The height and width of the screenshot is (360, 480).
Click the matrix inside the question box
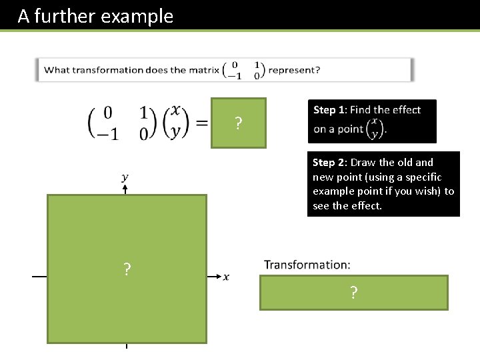tap(243, 70)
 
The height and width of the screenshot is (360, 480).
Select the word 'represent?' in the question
tap(294, 70)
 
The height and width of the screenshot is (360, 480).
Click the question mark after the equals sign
tap(238, 123)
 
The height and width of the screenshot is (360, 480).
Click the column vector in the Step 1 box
tap(375, 129)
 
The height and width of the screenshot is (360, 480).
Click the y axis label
tap(125, 177)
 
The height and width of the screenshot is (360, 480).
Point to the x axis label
tap(226, 277)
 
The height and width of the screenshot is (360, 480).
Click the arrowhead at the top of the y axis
tap(125, 189)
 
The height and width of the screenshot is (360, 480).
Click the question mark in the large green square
tap(127, 269)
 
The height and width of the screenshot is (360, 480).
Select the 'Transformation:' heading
tap(307, 265)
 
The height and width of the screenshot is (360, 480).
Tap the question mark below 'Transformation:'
tap(353, 293)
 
